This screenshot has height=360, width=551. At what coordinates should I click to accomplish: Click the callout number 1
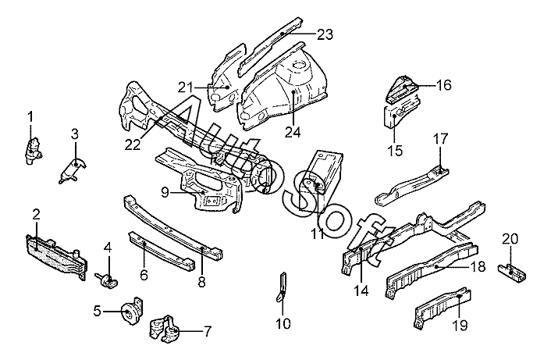(x=30, y=117)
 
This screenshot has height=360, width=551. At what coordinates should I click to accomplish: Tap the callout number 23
(x=325, y=34)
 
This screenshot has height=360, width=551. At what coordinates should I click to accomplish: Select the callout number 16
(x=443, y=85)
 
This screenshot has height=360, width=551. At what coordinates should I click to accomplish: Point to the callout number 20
(x=510, y=238)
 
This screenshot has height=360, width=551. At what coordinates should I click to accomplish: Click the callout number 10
(x=283, y=323)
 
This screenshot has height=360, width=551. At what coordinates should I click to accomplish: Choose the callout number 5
(x=98, y=311)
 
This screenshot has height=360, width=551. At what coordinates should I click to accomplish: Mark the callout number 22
(x=132, y=144)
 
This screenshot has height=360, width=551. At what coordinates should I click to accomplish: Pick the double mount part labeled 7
(x=168, y=329)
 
